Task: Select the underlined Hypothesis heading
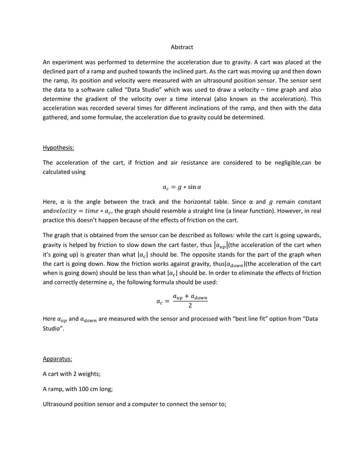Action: (x=58, y=148)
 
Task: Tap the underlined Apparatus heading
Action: (x=58, y=359)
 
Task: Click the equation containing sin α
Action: (x=182, y=186)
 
